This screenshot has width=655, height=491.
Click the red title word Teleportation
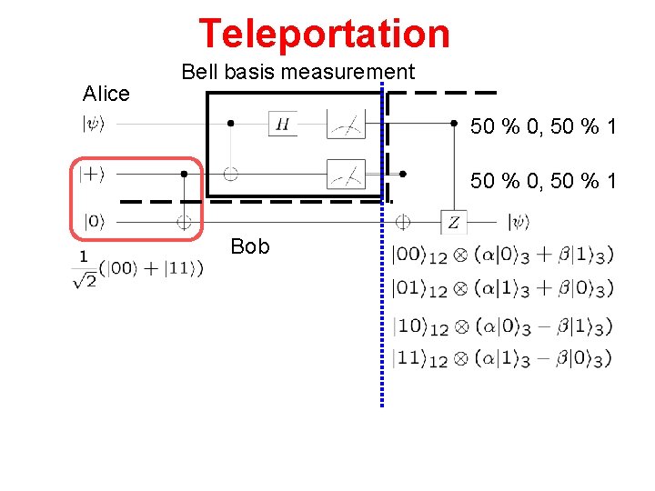pyautogui.click(x=324, y=34)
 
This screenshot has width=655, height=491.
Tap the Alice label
pyautogui.click(x=106, y=93)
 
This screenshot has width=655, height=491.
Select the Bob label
pyautogui.click(x=250, y=246)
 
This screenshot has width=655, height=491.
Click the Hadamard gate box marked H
pyautogui.click(x=282, y=125)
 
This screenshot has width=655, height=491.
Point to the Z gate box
pyautogui.click(x=453, y=222)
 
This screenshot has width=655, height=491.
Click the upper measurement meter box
pyautogui.click(x=345, y=125)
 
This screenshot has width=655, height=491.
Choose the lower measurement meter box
pyautogui.click(x=345, y=173)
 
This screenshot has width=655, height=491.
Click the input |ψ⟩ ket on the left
pyautogui.click(x=95, y=125)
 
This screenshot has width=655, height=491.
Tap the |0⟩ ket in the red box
pyautogui.click(x=94, y=221)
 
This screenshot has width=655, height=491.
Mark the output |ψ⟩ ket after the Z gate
pyautogui.click(x=518, y=221)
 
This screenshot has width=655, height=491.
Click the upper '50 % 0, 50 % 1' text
pyautogui.click(x=543, y=127)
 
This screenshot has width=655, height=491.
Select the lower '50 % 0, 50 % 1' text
pyautogui.click(x=543, y=182)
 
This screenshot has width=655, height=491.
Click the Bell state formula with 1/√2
pyautogui.click(x=138, y=268)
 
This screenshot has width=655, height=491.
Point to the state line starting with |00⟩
pyautogui.click(x=501, y=256)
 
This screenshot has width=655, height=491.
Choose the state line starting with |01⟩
pyautogui.click(x=501, y=289)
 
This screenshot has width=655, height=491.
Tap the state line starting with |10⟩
pyautogui.click(x=501, y=325)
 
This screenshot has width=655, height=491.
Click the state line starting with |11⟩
pyautogui.click(x=501, y=358)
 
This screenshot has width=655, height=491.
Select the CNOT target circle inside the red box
pyautogui.click(x=184, y=221)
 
